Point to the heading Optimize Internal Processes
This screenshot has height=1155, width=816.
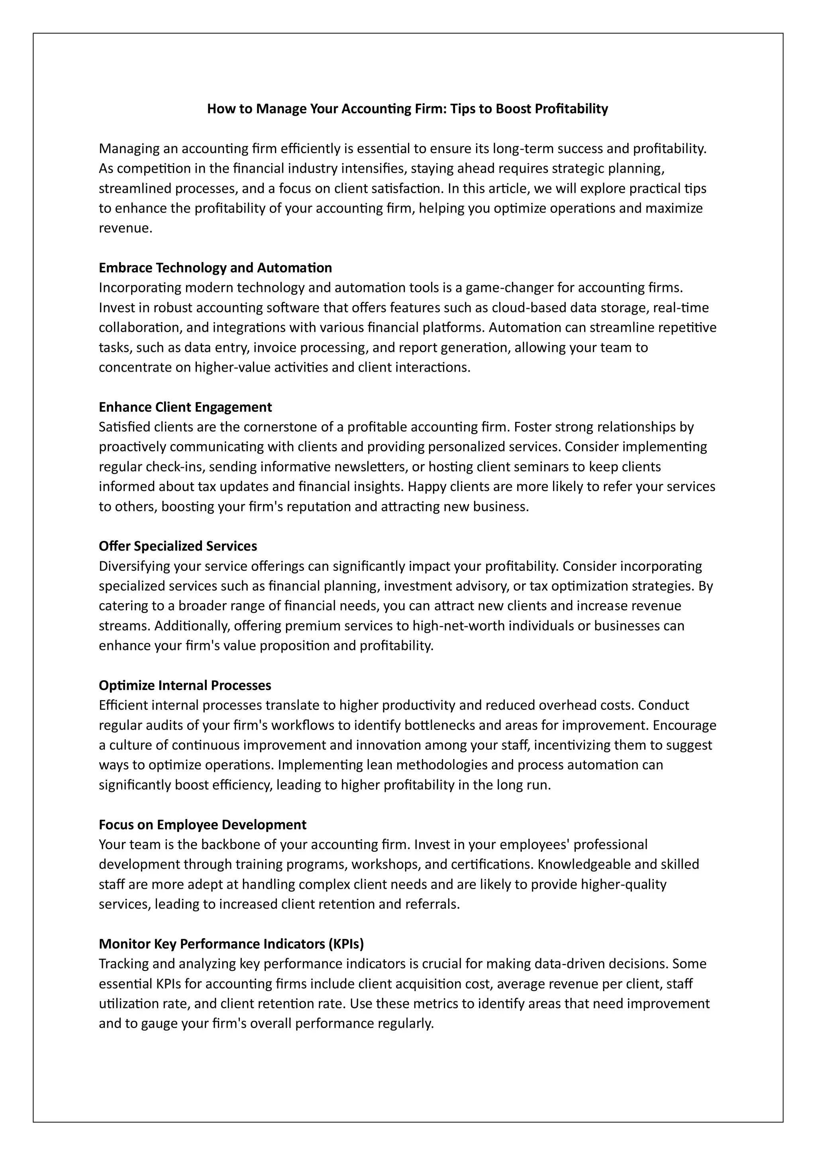(184, 686)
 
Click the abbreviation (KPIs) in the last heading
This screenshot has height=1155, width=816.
(346, 944)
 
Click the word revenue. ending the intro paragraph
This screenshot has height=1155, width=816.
(125, 228)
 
